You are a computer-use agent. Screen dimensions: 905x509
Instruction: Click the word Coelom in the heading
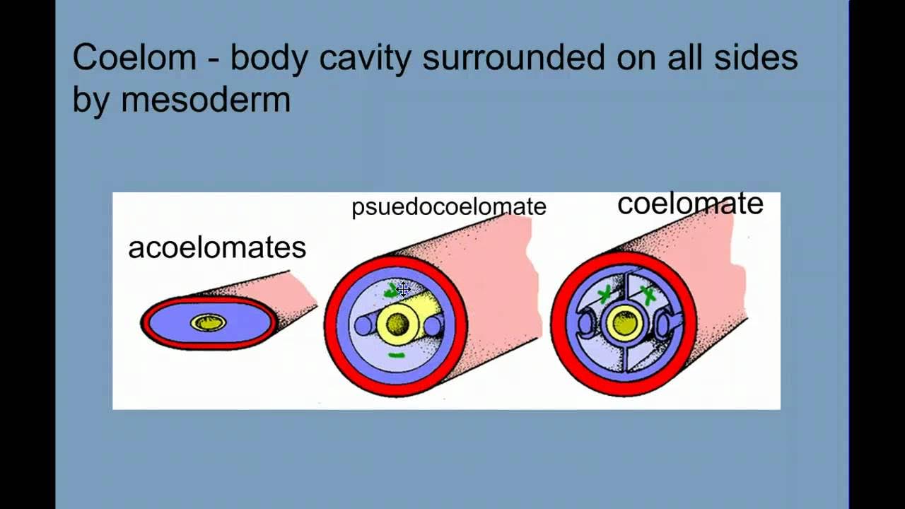pyautogui.click(x=134, y=58)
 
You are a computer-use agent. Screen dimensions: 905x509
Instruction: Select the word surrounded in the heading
pyautogui.click(x=514, y=58)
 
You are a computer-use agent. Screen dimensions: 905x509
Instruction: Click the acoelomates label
pyautogui.click(x=216, y=247)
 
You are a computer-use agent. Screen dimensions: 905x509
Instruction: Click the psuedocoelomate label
pyautogui.click(x=449, y=206)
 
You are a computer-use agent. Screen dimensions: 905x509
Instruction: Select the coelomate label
pyautogui.click(x=690, y=204)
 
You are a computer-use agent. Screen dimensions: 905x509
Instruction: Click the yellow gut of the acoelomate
pyautogui.click(x=208, y=323)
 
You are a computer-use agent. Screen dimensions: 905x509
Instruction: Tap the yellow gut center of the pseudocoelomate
pyautogui.click(x=397, y=324)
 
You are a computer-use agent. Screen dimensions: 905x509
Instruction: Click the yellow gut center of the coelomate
pyautogui.click(x=625, y=324)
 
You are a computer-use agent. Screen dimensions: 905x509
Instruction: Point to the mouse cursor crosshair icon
pyautogui.click(x=403, y=288)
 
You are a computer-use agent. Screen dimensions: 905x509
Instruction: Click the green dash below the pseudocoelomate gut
pyautogui.click(x=397, y=355)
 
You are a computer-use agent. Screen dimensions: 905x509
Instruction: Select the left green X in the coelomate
pyautogui.click(x=605, y=296)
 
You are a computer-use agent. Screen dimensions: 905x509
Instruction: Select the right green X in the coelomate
pyautogui.click(x=646, y=296)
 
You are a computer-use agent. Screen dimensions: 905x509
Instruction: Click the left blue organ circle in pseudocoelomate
pyautogui.click(x=363, y=325)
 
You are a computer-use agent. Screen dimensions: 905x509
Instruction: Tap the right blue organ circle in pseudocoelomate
pyautogui.click(x=432, y=326)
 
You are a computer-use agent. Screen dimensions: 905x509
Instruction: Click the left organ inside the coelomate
pyautogui.click(x=588, y=324)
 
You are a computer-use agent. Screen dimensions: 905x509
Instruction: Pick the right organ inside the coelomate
pyautogui.click(x=663, y=325)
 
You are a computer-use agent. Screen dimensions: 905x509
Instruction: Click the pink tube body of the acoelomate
pyautogui.click(x=283, y=290)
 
